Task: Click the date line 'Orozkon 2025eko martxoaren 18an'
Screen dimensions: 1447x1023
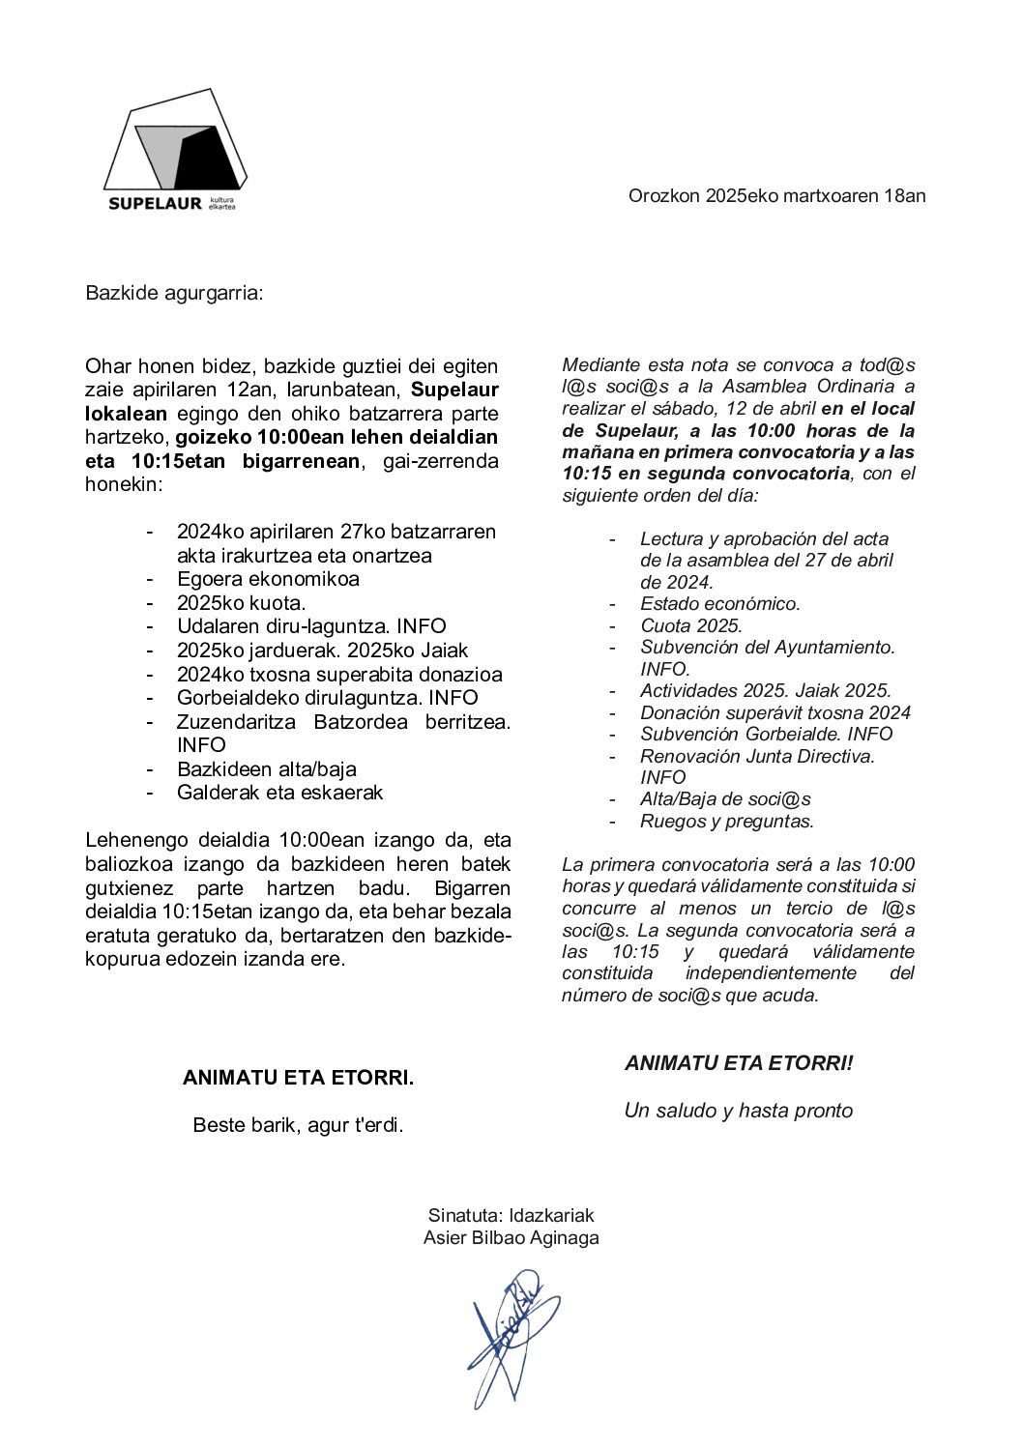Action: (x=776, y=195)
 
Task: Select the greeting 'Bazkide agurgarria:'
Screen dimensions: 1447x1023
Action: (x=174, y=292)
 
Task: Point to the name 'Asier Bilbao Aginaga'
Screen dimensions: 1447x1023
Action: (x=511, y=1237)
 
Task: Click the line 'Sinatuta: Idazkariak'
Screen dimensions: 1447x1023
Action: (x=511, y=1215)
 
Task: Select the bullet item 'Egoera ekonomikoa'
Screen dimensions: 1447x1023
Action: (x=268, y=579)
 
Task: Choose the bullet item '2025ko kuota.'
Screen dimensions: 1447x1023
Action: (x=241, y=603)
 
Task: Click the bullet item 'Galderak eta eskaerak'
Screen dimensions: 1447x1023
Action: (x=279, y=793)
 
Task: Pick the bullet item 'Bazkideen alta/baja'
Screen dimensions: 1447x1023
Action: (x=266, y=769)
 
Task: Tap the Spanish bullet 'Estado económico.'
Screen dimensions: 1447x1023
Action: (x=719, y=604)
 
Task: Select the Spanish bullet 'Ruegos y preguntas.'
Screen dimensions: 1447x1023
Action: (x=726, y=822)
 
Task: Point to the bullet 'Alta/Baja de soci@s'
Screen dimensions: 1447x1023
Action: (x=724, y=799)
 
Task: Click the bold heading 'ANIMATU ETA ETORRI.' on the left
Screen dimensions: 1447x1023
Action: (x=298, y=1078)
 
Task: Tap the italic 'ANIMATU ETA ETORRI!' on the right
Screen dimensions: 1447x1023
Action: (x=739, y=1063)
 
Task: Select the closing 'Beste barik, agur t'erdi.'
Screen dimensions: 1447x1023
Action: (x=298, y=1125)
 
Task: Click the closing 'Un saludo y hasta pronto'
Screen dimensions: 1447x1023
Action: (x=738, y=1111)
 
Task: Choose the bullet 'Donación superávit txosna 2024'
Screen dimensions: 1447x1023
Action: (x=775, y=712)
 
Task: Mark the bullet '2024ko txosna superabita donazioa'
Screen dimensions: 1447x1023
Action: (x=339, y=675)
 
